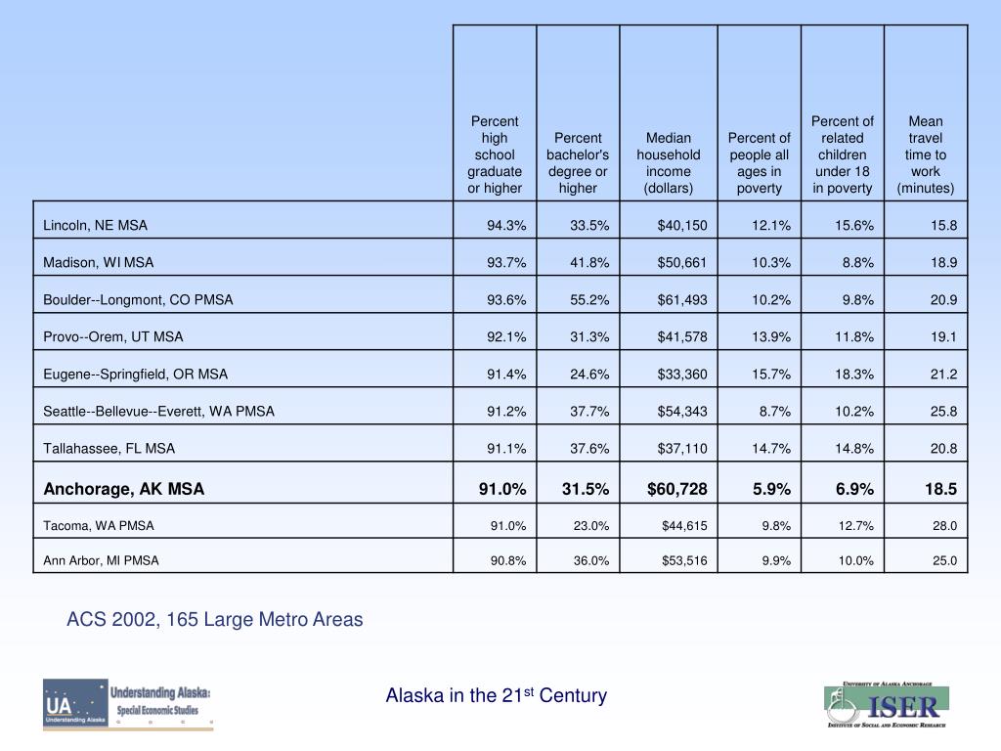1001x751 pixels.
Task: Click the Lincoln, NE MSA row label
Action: point(96,225)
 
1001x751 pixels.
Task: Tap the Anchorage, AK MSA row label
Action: point(124,488)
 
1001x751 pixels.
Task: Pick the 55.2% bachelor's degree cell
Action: point(589,300)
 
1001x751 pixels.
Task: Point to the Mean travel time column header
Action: point(926,155)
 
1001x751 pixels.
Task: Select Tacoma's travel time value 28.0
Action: point(944,526)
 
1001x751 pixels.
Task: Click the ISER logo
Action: point(887,704)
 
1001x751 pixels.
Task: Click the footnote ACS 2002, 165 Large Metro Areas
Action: point(215,619)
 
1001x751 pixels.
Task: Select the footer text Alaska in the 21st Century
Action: point(497,695)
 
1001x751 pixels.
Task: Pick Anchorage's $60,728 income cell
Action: point(676,488)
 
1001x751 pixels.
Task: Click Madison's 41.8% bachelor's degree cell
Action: point(589,263)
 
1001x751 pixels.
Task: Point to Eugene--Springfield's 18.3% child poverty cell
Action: point(854,375)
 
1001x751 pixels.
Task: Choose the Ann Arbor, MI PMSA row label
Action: point(102,561)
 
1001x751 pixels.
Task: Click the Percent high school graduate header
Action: point(495,155)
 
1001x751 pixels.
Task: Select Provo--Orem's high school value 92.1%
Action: point(506,337)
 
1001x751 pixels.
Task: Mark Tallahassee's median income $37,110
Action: point(683,449)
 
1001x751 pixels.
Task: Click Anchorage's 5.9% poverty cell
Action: point(771,488)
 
